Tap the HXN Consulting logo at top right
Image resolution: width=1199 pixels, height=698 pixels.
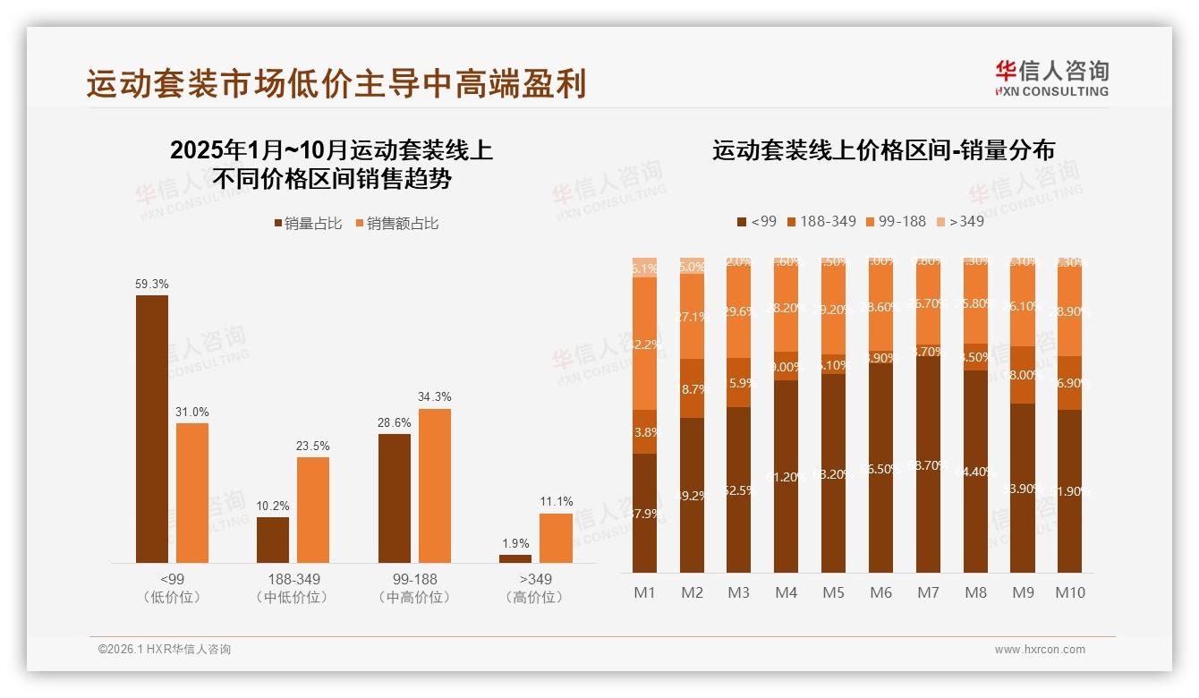point(1051,78)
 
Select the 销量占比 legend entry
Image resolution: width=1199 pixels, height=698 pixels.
point(308,224)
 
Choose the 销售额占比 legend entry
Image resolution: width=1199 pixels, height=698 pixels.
point(397,224)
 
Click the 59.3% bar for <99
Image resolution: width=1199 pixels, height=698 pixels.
point(152,429)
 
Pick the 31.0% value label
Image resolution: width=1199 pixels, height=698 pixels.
point(192,412)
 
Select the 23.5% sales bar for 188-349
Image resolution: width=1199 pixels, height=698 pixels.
point(313,510)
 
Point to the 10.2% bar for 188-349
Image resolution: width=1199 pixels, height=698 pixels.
point(273,540)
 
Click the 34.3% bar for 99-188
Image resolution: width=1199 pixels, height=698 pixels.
point(435,486)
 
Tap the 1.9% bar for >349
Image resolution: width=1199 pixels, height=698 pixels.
point(515,558)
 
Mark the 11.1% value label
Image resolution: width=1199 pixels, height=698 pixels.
point(556,501)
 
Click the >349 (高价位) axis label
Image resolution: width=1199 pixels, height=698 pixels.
point(533,588)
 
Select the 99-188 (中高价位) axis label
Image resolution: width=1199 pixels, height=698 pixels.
point(414,588)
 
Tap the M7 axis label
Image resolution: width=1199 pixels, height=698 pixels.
point(927,592)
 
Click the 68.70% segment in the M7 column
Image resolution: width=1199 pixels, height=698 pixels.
point(927,465)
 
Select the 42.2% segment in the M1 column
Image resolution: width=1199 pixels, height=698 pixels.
point(644,344)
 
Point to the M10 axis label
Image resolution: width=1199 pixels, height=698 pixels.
point(1069,592)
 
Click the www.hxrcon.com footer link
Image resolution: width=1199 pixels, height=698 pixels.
point(1040,650)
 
